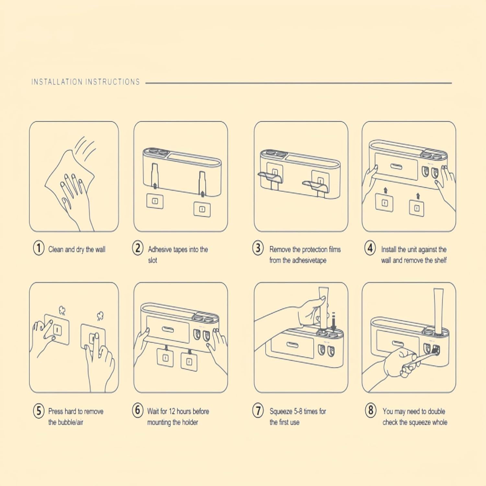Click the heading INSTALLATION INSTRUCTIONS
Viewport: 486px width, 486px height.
pyautogui.click(x=86, y=82)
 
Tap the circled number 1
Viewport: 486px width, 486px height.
pyautogui.click(x=39, y=249)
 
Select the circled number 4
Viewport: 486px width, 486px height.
pyautogui.click(x=370, y=249)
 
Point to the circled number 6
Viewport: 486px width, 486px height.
pyautogui.click(x=138, y=410)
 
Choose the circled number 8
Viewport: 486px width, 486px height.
pyautogui.click(x=370, y=410)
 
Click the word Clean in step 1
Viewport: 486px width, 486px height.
pyautogui.click(x=56, y=249)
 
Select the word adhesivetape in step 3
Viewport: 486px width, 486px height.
pyautogui.click(x=309, y=260)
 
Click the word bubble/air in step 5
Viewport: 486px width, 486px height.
pyautogui.click(x=71, y=422)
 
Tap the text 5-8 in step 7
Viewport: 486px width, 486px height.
pyautogui.click(x=298, y=411)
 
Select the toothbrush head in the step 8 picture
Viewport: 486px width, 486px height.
pyautogui.click(x=434, y=350)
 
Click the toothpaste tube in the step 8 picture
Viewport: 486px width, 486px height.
pyautogui.click(x=438, y=311)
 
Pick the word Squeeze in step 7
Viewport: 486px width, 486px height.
pyautogui.click(x=281, y=411)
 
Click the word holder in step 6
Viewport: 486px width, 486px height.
pyautogui.click(x=190, y=422)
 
